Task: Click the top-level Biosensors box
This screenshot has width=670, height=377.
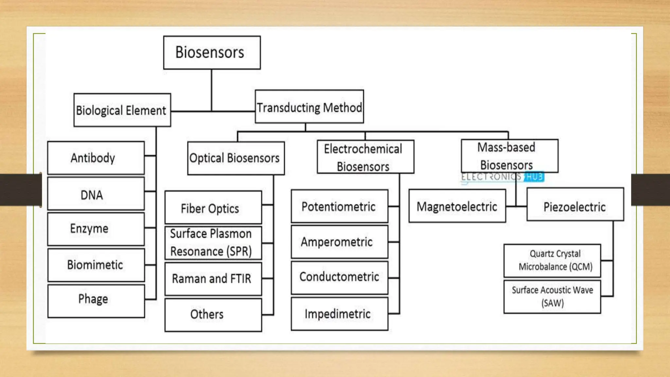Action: tap(212, 52)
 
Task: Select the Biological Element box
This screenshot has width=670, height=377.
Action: tap(122, 110)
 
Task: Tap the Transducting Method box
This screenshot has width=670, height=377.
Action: tap(309, 107)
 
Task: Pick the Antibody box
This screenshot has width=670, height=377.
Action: tap(96, 158)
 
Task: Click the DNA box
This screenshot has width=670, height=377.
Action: tap(96, 194)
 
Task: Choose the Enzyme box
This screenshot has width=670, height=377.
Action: tap(96, 229)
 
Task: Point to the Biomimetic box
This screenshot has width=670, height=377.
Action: tap(96, 265)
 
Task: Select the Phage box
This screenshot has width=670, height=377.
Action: tap(96, 301)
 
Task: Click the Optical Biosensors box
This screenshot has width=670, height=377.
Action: tap(236, 158)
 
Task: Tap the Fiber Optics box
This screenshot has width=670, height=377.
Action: tap(213, 207)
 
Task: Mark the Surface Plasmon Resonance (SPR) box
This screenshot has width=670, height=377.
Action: tap(213, 242)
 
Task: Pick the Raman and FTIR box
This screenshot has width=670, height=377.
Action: tap(213, 279)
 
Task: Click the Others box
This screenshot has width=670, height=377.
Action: tap(213, 314)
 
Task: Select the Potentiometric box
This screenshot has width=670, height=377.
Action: tap(339, 206)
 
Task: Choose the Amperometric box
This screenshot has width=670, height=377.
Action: tap(339, 242)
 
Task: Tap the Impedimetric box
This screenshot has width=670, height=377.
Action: tap(339, 314)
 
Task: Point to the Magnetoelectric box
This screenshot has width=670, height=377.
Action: tap(457, 206)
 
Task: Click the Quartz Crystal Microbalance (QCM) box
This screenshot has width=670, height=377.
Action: tap(552, 260)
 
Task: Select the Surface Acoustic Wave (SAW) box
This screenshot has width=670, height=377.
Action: tap(552, 296)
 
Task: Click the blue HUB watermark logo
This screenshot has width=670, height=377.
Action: tap(534, 177)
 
